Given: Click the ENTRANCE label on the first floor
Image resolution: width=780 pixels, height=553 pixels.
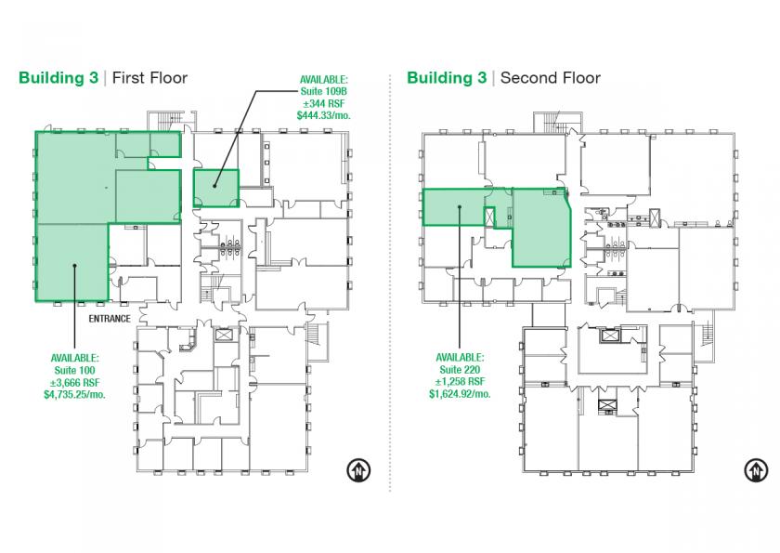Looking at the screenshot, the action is pyautogui.click(x=110, y=319).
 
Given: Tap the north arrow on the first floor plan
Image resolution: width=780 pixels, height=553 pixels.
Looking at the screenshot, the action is pyautogui.click(x=358, y=470).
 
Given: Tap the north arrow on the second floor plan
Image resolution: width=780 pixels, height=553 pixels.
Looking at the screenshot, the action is pyautogui.click(x=756, y=470).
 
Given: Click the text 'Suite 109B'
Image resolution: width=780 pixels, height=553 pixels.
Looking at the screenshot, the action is pyautogui.click(x=323, y=92).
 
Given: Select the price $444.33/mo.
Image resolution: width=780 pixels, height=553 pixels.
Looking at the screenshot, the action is pyautogui.click(x=323, y=115).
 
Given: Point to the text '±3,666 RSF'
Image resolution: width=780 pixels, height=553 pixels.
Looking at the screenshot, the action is pyautogui.click(x=74, y=383).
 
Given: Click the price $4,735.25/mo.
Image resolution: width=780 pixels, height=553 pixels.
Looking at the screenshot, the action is pyautogui.click(x=74, y=395).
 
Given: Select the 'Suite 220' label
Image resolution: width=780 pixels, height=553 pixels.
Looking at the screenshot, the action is pyautogui.click(x=460, y=370).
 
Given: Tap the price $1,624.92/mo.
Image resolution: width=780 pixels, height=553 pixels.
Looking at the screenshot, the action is pyautogui.click(x=460, y=394).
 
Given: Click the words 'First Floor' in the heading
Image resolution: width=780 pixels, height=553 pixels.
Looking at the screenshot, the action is pyautogui.click(x=149, y=78).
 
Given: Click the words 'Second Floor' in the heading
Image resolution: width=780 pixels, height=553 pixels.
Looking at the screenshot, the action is pyautogui.click(x=550, y=78).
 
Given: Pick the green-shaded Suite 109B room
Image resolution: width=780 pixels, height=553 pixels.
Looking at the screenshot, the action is pyautogui.click(x=215, y=188).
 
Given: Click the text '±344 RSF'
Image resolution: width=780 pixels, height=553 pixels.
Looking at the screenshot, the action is pyautogui.click(x=323, y=103).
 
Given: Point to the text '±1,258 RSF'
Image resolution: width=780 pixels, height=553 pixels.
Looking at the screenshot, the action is pyautogui.click(x=460, y=382).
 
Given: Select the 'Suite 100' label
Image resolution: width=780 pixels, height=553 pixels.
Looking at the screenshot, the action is pyautogui.click(x=74, y=370).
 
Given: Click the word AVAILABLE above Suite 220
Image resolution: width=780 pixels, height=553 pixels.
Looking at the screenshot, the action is pyautogui.click(x=460, y=358).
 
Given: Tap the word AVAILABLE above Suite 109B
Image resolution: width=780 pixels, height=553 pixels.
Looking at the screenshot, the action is pyautogui.click(x=323, y=80).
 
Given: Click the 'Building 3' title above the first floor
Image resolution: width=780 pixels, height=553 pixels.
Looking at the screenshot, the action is pyautogui.click(x=58, y=78).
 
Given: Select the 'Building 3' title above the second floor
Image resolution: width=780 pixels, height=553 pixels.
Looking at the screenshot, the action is pyautogui.click(x=447, y=78).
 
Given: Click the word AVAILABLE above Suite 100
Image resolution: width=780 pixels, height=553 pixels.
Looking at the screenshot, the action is pyautogui.click(x=74, y=358).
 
